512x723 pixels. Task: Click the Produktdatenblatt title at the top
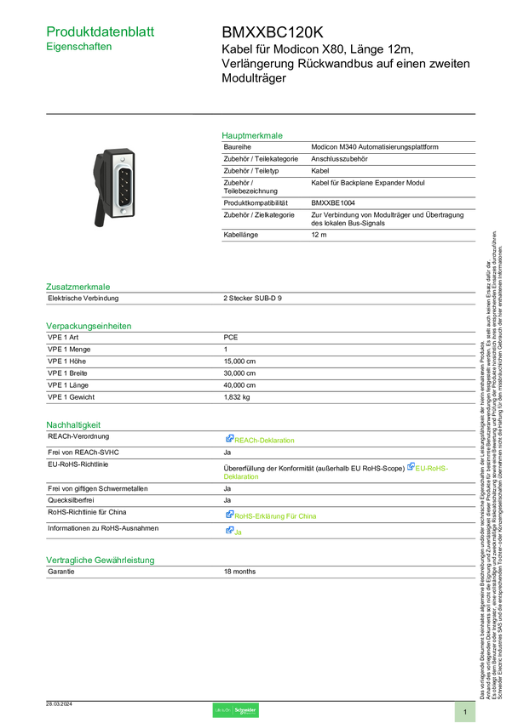click(101, 31)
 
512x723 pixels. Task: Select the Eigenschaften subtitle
click(79, 48)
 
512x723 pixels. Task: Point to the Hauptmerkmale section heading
click(253, 135)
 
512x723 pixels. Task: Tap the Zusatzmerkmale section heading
click(78, 287)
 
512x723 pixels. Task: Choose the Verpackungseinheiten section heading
click(89, 325)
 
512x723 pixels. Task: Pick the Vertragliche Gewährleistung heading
click(100, 561)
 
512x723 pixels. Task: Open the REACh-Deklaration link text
click(266, 441)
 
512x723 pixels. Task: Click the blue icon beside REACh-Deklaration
click(229, 439)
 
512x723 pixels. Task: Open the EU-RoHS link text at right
click(432, 468)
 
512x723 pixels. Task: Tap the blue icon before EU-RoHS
click(410, 466)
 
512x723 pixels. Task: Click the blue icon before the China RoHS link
click(229, 514)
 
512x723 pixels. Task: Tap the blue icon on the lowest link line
click(229, 531)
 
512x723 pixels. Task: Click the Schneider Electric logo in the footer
click(235, 711)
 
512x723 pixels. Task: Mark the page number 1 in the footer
click(465, 711)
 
